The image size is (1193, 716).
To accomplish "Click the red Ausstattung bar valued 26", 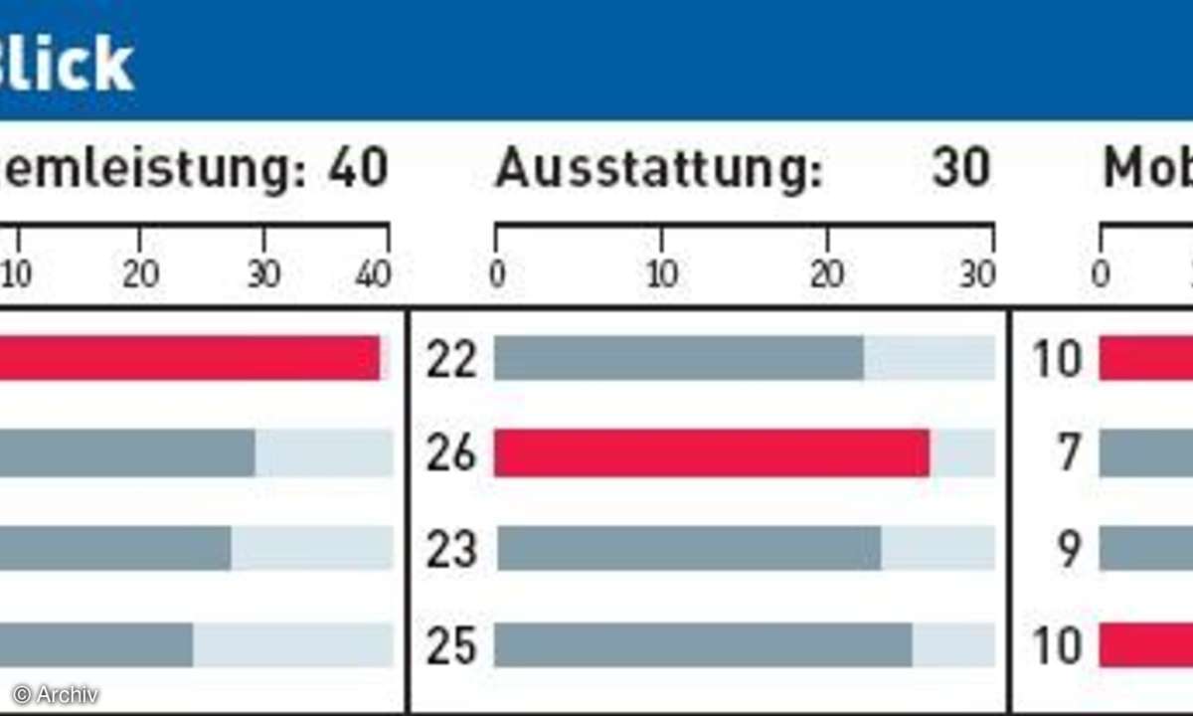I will [711, 453].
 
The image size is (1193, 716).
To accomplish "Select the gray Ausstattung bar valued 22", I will [678, 358].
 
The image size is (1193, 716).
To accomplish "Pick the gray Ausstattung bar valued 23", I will [688, 549].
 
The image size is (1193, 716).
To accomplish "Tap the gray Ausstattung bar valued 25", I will [703, 644].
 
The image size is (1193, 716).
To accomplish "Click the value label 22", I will [451, 359].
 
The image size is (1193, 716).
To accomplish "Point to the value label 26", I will [451, 454].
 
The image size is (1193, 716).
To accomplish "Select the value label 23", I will [451, 550].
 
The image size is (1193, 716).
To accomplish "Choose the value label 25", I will [451, 645].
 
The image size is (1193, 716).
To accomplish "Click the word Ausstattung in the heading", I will [659, 170].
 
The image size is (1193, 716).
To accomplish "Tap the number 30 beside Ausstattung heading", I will [961, 169].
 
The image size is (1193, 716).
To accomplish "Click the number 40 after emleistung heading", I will [358, 169].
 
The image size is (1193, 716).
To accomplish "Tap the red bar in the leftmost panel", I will [189, 358].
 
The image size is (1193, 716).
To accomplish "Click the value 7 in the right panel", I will [1069, 454].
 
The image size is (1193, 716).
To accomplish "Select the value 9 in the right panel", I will [1069, 550].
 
